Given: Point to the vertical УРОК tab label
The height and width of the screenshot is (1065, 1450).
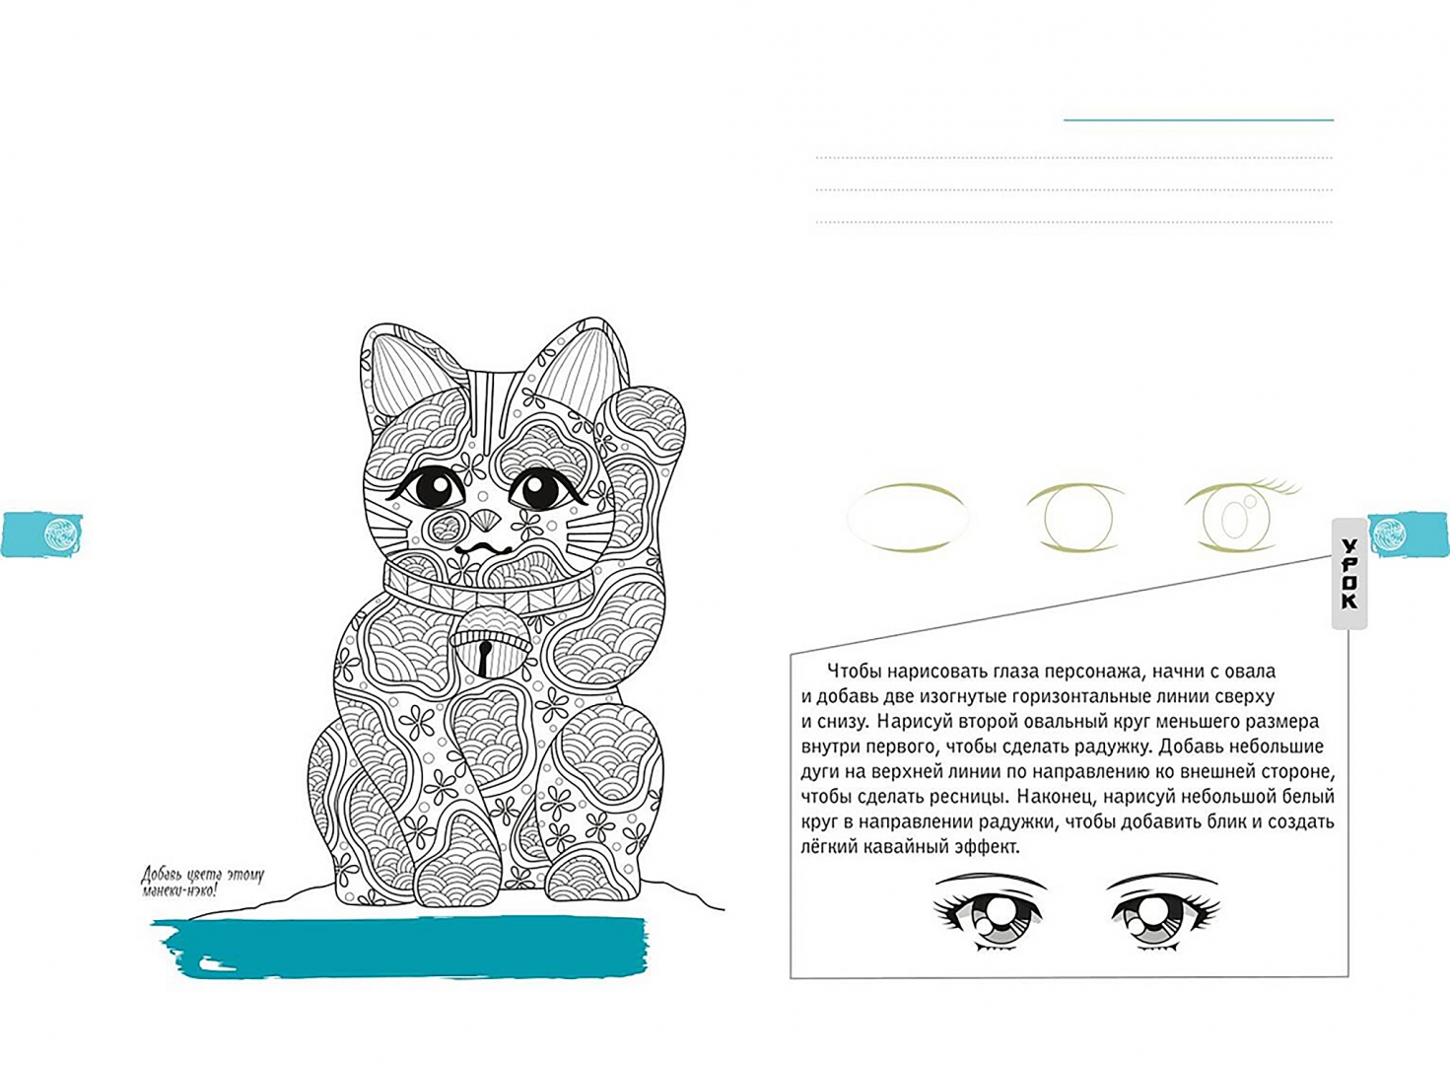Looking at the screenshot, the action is click(1349, 573).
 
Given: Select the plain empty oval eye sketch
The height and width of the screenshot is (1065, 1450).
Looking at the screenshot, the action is click(908, 518).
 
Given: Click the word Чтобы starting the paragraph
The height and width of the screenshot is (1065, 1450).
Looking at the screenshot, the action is click(855, 671).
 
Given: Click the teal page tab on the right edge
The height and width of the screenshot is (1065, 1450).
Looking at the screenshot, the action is click(1409, 533).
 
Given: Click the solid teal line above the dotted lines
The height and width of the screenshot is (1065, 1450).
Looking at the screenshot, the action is click(1199, 119).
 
